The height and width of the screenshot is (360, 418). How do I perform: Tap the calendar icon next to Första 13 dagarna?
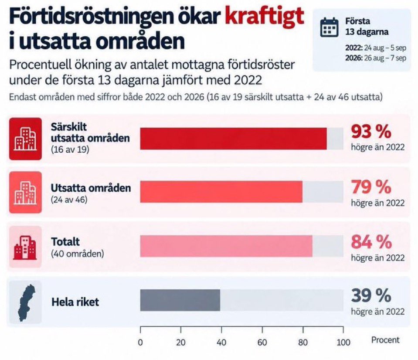point(329,27)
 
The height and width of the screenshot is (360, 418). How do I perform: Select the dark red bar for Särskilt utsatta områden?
point(233,138)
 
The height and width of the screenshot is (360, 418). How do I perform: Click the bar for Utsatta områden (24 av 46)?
point(221,192)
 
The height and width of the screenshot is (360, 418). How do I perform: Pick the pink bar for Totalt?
point(226,246)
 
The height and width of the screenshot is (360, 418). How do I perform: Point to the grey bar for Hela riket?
point(180,300)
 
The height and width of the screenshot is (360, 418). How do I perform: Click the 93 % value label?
point(371,132)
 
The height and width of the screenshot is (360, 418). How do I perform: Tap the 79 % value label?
point(371,187)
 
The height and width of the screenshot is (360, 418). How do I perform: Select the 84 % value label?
point(371,242)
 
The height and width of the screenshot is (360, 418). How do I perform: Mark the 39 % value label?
point(371,295)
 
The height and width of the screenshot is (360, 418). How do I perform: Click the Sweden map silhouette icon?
point(26,303)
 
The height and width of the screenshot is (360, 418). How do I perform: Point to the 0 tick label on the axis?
point(140,343)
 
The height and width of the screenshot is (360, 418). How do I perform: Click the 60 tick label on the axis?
point(262,343)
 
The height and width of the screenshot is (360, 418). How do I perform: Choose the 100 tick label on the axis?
point(343,343)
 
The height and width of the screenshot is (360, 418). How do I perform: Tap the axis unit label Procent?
point(385,340)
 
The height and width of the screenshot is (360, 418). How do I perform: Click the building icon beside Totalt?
point(25,248)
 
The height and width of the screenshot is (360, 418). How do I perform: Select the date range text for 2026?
point(376,58)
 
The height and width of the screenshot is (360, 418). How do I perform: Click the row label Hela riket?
point(75,302)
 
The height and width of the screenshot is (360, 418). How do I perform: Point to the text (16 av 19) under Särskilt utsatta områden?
point(70,149)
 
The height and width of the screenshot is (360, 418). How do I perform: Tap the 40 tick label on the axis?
point(221,343)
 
